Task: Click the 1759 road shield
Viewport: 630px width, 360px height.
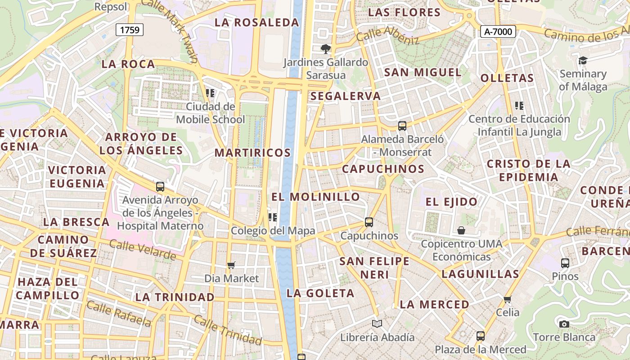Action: [130, 30]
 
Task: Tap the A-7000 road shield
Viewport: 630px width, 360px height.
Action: [498, 31]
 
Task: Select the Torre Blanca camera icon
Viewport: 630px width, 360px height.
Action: [564, 324]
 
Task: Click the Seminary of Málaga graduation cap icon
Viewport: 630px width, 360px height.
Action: [583, 60]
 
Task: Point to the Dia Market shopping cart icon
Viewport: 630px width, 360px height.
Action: [231, 265]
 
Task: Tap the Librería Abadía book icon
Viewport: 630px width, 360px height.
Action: [377, 324]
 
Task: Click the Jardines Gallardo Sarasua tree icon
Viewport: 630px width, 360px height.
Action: [325, 49]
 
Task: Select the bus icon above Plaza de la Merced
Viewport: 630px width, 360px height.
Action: [480, 336]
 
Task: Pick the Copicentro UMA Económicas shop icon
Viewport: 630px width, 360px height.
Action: [461, 230]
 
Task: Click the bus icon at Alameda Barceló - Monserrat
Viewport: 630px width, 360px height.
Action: [402, 126]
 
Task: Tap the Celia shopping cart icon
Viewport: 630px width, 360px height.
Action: [508, 299]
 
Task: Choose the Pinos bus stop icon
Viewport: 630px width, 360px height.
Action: [565, 263]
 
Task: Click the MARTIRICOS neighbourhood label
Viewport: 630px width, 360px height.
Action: [252, 153]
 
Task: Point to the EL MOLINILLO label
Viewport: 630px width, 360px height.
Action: [315, 197]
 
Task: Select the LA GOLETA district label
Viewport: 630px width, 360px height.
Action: [320, 293]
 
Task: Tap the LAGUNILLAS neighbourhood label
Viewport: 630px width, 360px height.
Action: [480, 274]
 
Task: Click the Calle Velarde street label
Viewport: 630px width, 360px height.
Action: [142, 250]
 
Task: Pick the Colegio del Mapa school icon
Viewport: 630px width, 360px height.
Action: [272, 217]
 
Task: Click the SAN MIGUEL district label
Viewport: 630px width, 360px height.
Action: [423, 72]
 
